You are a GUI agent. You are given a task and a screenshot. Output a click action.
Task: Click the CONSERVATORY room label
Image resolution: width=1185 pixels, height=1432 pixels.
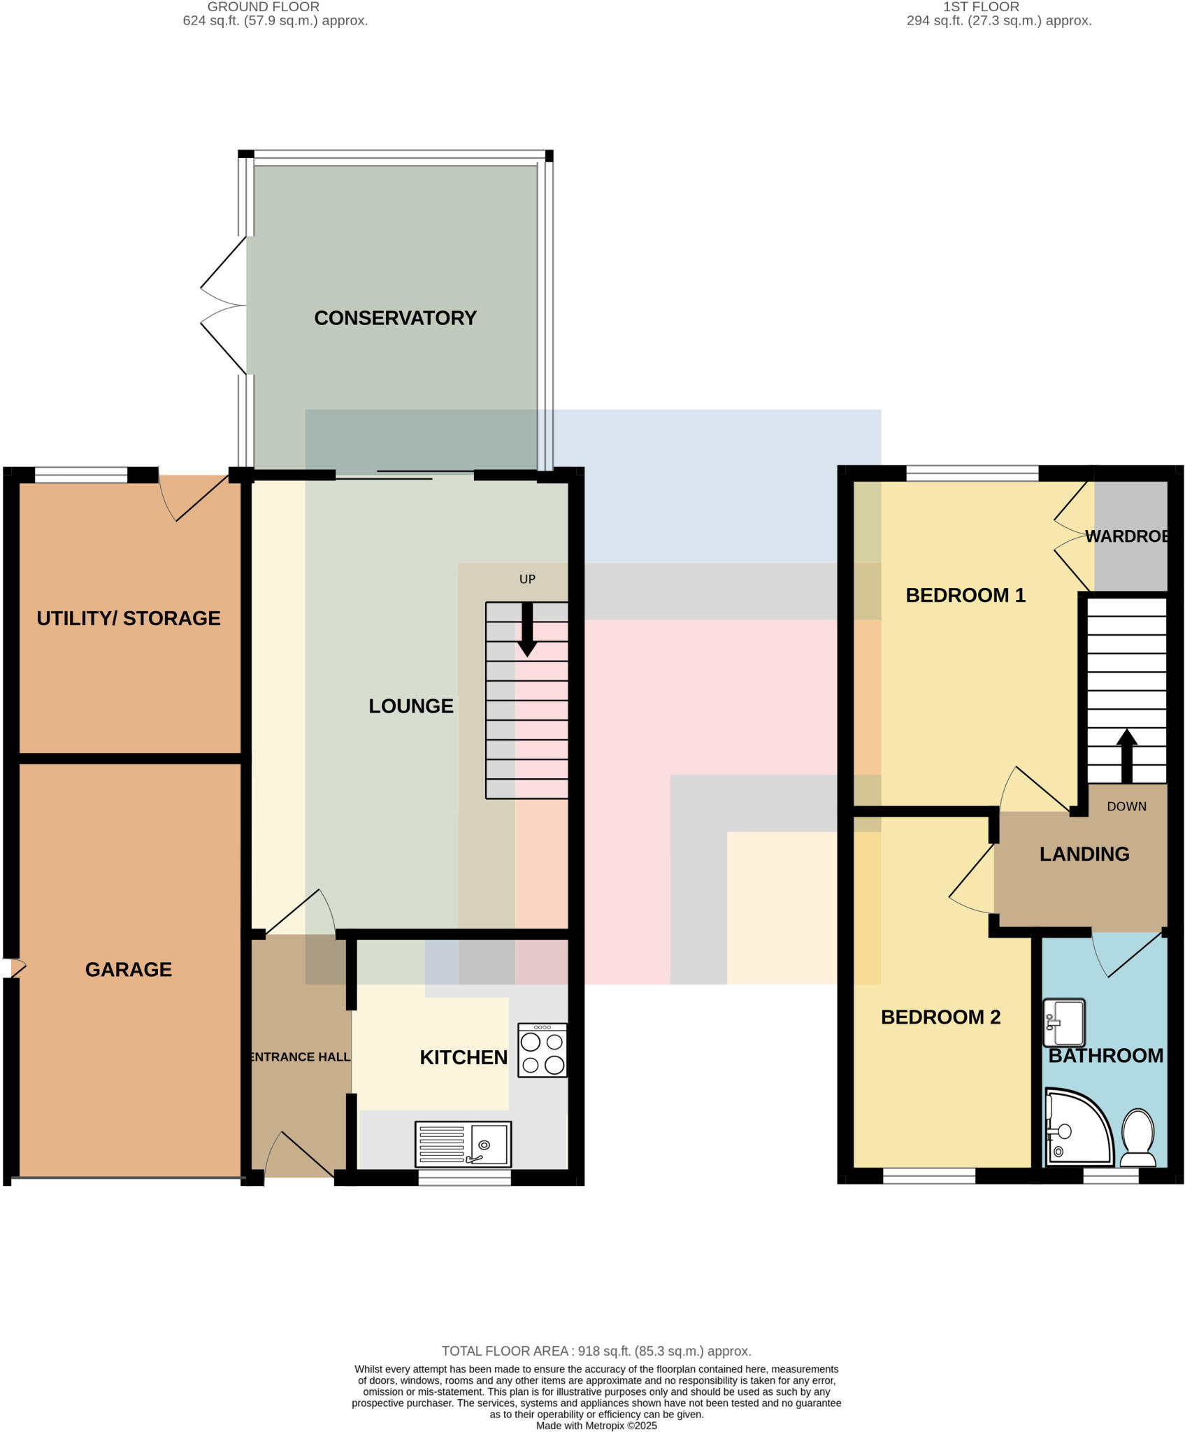(395, 318)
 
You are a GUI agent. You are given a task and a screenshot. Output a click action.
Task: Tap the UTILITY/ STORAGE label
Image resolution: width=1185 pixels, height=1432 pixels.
(129, 618)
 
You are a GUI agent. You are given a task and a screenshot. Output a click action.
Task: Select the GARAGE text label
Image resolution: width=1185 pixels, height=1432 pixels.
(129, 969)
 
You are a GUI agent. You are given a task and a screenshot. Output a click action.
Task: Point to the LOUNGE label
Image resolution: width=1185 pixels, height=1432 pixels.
(411, 706)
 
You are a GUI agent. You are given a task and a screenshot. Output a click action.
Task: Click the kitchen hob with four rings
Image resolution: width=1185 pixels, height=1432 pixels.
(543, 1050)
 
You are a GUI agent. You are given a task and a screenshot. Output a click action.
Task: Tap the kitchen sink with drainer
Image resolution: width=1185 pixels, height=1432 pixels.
(463, 1144)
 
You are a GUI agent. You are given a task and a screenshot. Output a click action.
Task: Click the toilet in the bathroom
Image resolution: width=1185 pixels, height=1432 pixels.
(1137, 1138)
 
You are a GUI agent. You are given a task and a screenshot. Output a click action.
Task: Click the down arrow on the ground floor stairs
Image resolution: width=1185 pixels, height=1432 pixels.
(527, 629)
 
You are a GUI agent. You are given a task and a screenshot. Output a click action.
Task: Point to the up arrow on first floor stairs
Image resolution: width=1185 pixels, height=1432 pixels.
(1126, 755)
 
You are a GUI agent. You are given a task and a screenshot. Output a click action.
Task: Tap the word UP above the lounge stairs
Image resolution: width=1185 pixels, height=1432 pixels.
(527, 579)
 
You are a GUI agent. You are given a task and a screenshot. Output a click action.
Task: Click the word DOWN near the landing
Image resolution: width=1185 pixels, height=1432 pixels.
(1126, 806)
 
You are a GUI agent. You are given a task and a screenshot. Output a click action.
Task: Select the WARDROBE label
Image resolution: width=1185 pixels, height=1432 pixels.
(1127, 536)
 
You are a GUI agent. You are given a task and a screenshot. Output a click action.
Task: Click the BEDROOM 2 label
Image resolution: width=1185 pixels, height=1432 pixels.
(940, 1017)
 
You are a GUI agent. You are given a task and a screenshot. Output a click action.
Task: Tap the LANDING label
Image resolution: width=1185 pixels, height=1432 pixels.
(1084, 854)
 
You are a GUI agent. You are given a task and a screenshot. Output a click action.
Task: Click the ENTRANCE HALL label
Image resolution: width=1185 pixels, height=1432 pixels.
(300, 1057)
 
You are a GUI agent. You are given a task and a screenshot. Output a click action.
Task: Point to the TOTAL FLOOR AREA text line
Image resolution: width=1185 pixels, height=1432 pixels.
(596, 1351)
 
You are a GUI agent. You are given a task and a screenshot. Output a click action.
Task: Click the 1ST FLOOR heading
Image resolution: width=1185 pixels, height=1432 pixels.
(981, 7)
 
